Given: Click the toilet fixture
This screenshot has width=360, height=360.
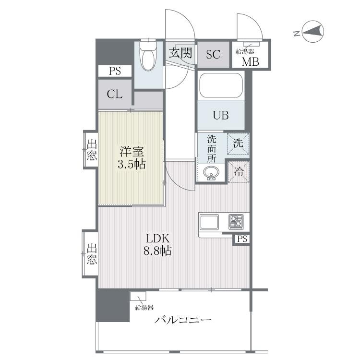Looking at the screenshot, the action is pyautogui.click(x=148, y=55).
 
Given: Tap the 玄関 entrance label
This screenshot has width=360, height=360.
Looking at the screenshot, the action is pyautogui.click(x=180, y=53).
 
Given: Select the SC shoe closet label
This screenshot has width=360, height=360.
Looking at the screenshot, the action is pyautogui.click(x=213, y=54).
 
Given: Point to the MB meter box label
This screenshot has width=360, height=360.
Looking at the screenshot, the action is pyautogui.click(x=250, y=61).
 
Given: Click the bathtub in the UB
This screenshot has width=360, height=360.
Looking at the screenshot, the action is pyautogui.click(x=221, y=85).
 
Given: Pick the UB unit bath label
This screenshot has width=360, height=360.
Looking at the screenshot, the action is pyautogui.click(x=221, y=115).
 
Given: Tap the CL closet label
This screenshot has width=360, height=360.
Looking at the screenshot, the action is pyautogui.click(x=115, y=94).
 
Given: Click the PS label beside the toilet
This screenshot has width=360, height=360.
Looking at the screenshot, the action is pyautogui.click(x=115, y=71).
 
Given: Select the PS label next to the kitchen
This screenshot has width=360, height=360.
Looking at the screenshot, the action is pyautogui.click(x=242, y=239).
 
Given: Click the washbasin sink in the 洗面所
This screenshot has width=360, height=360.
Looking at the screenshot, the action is pyautogui.click(x=211, y=173).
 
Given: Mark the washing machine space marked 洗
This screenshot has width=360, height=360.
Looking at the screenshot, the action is pyautogui.click(x=238, y=144).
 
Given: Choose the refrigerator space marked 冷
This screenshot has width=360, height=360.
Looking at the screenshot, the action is pyautogui.click(x=239, y=171).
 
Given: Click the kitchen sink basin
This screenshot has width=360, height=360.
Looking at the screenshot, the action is pyautogui.click(x=209, y=222).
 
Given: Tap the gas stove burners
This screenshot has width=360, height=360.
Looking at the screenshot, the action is pyautogui.click(x=236, y=222).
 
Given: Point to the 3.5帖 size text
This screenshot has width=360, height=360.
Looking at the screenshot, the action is pyautogui.click(x=132, y=164).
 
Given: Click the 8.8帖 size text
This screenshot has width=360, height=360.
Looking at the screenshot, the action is pyautogui.click(x=157, y=251).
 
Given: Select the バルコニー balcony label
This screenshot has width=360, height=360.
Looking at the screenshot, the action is pyautogui.click(x=183, y=320).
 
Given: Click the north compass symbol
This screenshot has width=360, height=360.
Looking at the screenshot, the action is pyautogui.click(x=312, y=32).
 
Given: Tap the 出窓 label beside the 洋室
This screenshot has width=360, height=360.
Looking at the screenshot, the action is pyautogui.click(x=92, y=150).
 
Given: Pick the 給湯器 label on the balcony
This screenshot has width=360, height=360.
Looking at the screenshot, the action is pyautogui.click(x=144, y=307).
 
